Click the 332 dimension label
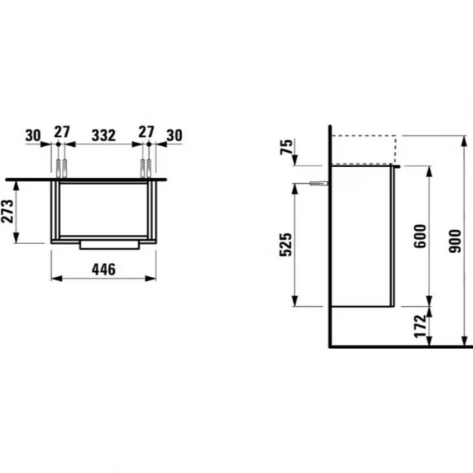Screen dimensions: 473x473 104,135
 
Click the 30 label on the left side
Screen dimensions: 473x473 33,135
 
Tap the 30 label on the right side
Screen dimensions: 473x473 175,135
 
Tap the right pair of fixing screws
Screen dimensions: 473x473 146,167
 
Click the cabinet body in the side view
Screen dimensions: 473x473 362,236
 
